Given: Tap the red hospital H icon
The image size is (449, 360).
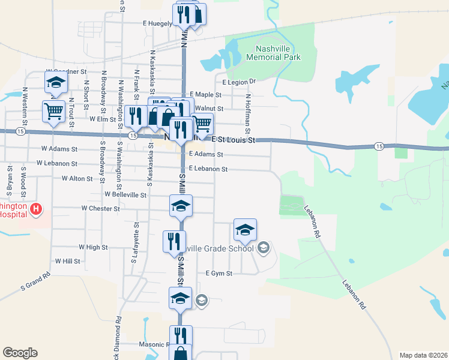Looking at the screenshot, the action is tap(37, 209).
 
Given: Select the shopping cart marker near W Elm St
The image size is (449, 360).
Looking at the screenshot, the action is tap(53, 112).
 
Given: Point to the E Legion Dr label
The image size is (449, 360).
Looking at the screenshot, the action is tap(239, 82).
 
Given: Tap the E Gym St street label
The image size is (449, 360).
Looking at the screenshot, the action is tap(218, 273).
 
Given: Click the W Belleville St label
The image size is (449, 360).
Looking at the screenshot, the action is tap(125, 194).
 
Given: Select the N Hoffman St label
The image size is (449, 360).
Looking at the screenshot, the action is tap(247, 113).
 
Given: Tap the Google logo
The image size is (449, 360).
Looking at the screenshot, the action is tap(20, 353).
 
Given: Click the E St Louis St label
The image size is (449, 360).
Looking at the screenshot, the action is tap(234, 140).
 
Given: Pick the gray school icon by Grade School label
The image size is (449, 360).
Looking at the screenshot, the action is tap(263, 247).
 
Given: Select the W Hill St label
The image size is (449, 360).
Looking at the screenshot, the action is tap(68, 261).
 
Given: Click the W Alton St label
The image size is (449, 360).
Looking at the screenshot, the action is tap(77, 178).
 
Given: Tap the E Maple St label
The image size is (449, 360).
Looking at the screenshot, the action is tap(206, 95).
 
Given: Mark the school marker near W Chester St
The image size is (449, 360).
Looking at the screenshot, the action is tap(181, 206).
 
